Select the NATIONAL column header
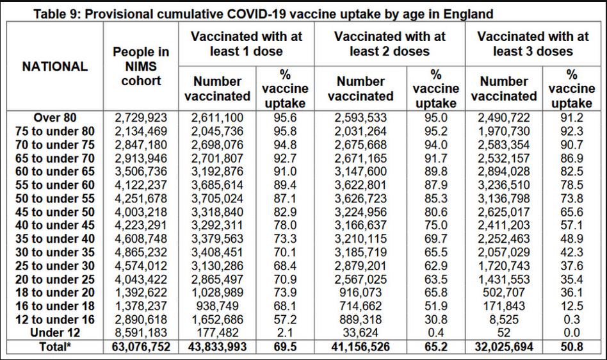[55, 66]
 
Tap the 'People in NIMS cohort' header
[136, 66]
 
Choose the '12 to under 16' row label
[55, 319]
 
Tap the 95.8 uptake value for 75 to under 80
[282, 131]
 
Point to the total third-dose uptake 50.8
[571, 347]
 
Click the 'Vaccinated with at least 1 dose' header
[247, 44]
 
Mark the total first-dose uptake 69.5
[282, 347]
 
